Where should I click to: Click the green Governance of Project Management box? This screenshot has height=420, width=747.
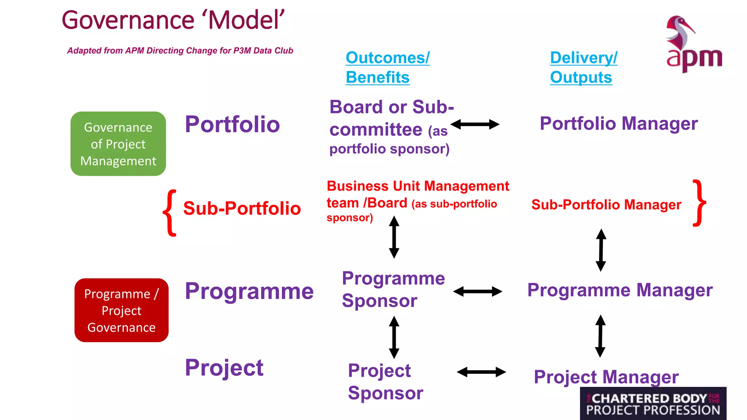(118, 144)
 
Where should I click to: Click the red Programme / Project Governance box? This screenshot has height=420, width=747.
(121, 310)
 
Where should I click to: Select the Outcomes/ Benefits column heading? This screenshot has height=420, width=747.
(387, 67)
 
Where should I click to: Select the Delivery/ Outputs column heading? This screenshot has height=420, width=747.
(583, 67)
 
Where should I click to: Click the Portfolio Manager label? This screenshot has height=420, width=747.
(619, 124)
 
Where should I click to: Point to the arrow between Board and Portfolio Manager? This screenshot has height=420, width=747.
(475, 124)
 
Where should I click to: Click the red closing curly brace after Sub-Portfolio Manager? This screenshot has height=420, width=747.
(699, 203)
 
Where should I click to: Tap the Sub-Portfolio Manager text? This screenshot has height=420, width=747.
(606, 205)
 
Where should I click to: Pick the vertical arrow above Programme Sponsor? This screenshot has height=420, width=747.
(394, 237)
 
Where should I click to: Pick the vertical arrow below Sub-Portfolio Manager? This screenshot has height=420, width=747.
(601, 250)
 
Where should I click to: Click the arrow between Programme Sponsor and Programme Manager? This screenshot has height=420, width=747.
(477, 291)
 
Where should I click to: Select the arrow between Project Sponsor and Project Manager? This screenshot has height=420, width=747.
(481, 372)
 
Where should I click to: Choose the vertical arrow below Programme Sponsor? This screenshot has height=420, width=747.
(394, 337)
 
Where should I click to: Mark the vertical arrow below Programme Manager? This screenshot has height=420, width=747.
(600, 336)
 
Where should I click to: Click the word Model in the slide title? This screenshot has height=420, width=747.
(246, 20)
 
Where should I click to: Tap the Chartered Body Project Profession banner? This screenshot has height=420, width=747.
(653, 404)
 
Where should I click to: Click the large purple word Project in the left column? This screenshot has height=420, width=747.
(224, 367)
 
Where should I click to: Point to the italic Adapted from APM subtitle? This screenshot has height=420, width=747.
(180, 51)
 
